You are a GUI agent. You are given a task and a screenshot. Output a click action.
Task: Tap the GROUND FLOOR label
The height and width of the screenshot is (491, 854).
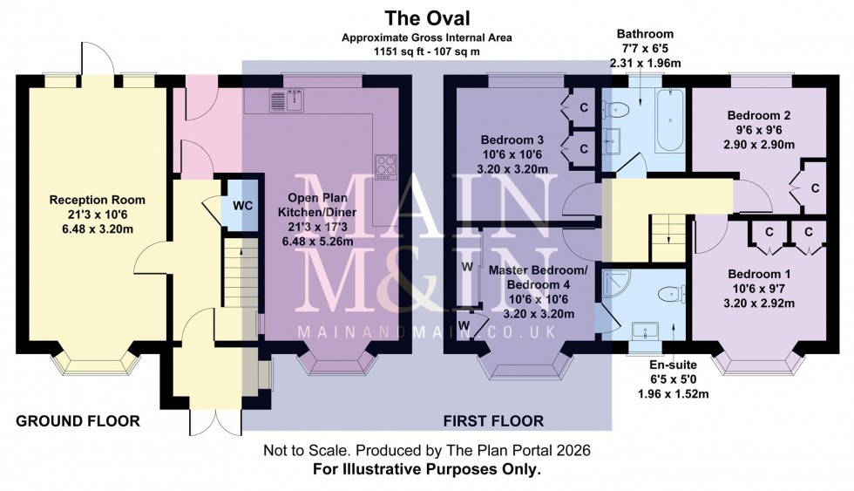[78, 421]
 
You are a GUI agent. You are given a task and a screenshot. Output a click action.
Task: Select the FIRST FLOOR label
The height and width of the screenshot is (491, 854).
[494, 421]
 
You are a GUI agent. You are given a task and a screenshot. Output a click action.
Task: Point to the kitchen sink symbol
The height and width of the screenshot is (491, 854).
[285, 101]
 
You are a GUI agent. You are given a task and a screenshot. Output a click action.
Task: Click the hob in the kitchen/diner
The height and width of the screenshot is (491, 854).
[384, 166]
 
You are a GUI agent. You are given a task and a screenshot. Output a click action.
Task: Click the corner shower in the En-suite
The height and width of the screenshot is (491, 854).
[618, 284]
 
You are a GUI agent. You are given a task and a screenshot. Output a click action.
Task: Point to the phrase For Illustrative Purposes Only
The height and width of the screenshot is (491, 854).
[426, 469]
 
